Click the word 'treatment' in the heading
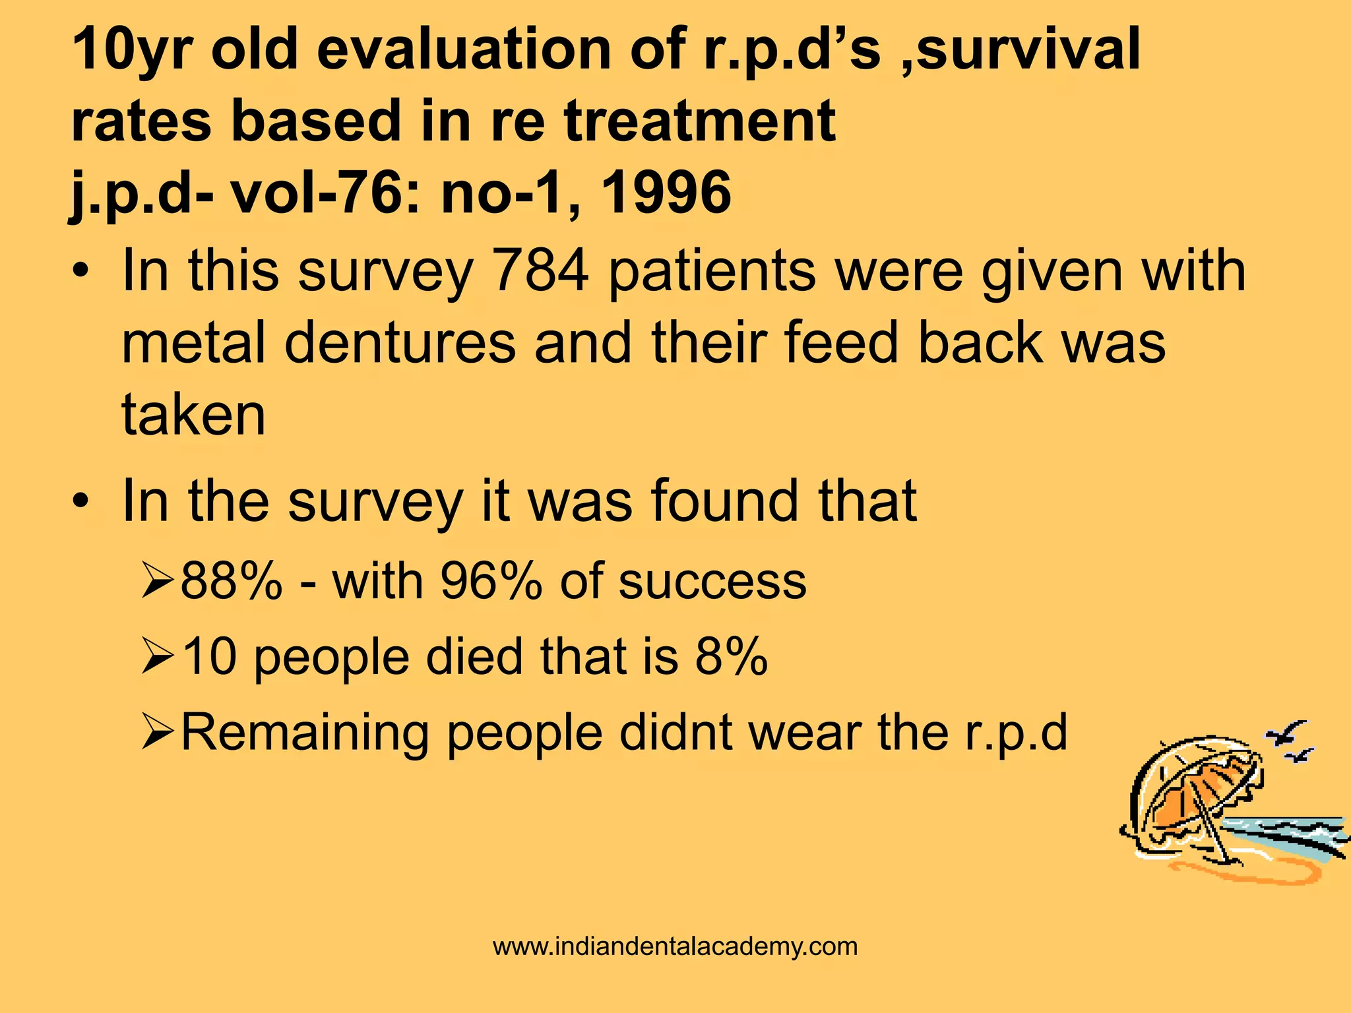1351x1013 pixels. point(700,121)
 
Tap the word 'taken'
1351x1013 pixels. point(193,414)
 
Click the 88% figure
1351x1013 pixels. point(231,581)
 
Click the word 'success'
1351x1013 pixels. point(712,581)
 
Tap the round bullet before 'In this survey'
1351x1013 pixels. point(80,272)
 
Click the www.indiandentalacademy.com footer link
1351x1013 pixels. point(675,946)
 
